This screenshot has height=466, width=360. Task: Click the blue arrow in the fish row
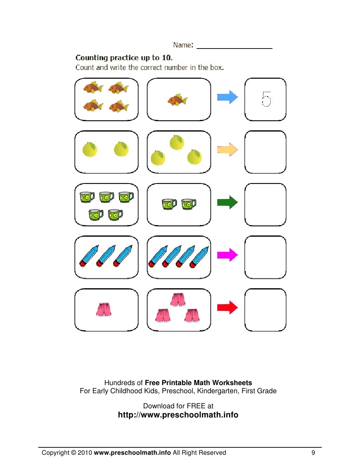(227, 97)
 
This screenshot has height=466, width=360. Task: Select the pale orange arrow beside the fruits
(227, 150)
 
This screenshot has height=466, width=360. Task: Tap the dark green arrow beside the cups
(227, 202)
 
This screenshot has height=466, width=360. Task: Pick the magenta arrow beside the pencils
(227, 255)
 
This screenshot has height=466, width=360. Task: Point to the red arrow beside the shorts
(227, 307)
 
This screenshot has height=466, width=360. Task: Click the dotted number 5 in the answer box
(266, 99)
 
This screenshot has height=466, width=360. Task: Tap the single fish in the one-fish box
(178, 100)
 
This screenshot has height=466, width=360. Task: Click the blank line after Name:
(234, 46)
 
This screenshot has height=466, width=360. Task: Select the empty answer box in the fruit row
(265, 152)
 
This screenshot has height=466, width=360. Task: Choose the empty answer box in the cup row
(265, 205)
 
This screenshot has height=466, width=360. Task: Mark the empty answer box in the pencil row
(265, 257)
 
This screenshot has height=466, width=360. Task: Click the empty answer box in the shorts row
(265, 310)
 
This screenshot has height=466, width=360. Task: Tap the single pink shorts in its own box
(104, 309)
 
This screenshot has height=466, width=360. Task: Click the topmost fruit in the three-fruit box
(177, 142)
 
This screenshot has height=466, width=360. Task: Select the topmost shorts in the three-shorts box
(178, 300)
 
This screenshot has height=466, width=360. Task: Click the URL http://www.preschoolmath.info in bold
(178, 415)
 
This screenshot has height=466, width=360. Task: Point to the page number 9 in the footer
(313, 453)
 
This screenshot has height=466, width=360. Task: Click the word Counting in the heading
(92, 58)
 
